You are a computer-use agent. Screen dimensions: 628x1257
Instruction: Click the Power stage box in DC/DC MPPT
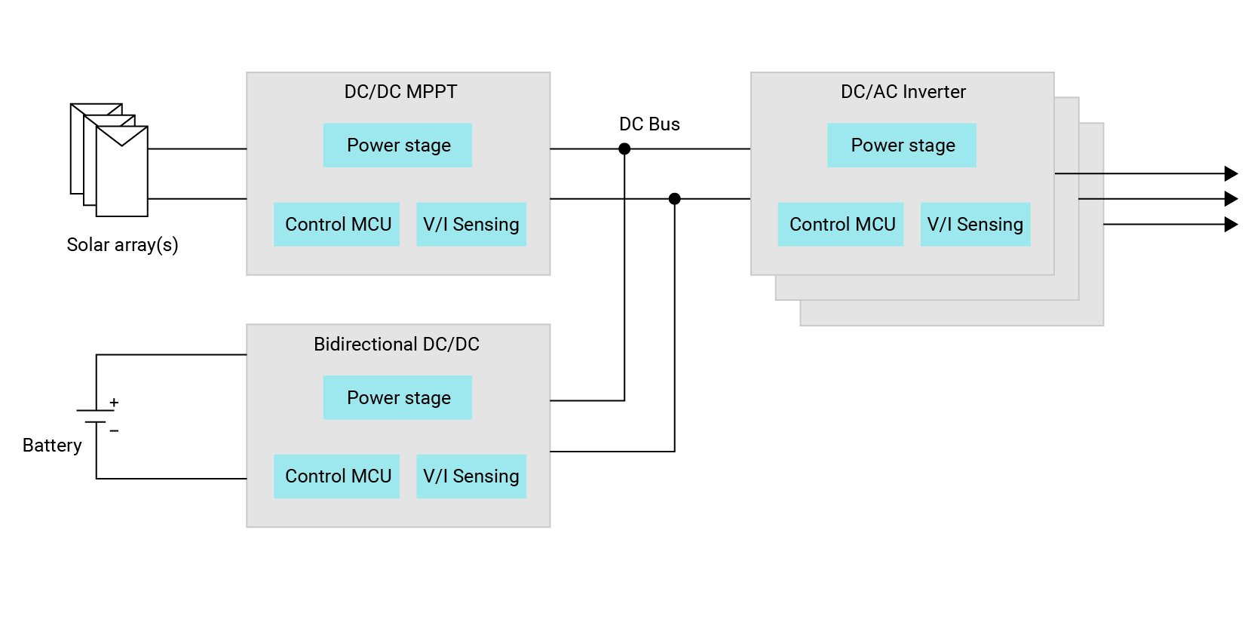pyautogui.click(x=397, y=146)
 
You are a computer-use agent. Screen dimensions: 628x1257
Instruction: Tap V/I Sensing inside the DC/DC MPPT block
pyautogui.click(x=471, y=224)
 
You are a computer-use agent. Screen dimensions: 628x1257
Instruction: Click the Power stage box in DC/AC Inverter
pyautogui.click(x=902, y=146)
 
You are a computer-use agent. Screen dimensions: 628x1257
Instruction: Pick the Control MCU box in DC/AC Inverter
pyautogui.click(x=841, y=224)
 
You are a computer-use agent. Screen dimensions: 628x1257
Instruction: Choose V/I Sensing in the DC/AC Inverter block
pyautogui.click(x=975, y=224)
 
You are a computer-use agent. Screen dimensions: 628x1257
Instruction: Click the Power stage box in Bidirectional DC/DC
pyautogui.click(x=397, y=397)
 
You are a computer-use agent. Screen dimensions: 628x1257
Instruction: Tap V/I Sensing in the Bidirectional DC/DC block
pyautogui.click(x=471, y=476)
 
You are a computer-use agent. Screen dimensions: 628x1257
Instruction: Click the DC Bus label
pyautogui.click(x=649, y=124)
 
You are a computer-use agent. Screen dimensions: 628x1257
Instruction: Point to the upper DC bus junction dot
pyautogui.click(x=624, y=149)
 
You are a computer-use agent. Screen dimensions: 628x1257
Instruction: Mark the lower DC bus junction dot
pyautogui.click(x=675, y=199)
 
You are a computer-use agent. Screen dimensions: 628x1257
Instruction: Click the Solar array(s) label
pyautogui.click(x=122, y=245)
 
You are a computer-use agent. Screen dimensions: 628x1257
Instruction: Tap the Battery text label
pyautogui.click(x=52, y=446)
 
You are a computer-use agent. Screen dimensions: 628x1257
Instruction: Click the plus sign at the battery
pyautogui.click(x=114, y=403)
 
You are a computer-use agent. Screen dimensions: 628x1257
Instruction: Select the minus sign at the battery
pyautogui.click(x=114, y=430)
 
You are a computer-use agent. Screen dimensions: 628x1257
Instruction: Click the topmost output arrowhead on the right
pyautogui.click(x=1231, y=173)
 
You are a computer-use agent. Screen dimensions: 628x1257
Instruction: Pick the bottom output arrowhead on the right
pyautogui.click(x=1231, y=224)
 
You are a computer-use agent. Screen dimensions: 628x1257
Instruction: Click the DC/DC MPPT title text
pyautogui.click(x=400, y=92)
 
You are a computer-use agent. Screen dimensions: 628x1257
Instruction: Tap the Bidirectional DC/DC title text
pyautogui.click(x=397, y=345)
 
